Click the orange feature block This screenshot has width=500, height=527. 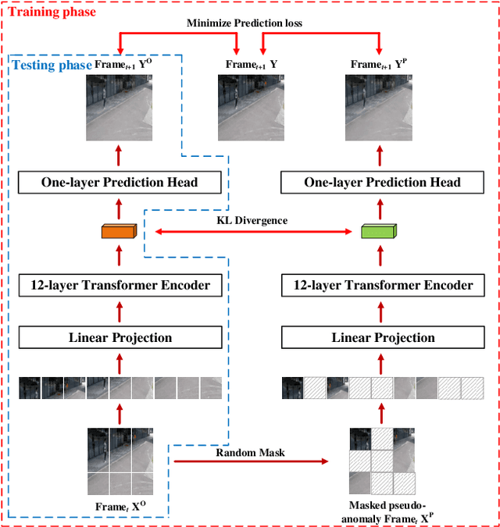[x=119, y=231]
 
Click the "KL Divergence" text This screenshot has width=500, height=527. [x=252, y=220]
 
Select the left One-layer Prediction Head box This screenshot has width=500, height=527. [x=120, y=183]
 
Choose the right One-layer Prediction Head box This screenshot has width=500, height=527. [x=383, y=183]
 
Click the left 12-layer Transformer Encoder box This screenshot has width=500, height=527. [x=120, y=285]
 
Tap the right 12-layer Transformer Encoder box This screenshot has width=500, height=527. [x=383, y=285]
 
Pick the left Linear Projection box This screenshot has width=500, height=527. [x=120, y=337]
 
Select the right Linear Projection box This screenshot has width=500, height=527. [x=383, y=337]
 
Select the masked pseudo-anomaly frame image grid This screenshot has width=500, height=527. [x=383, y=461]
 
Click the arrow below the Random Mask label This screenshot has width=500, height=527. [x=250, y=461]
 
